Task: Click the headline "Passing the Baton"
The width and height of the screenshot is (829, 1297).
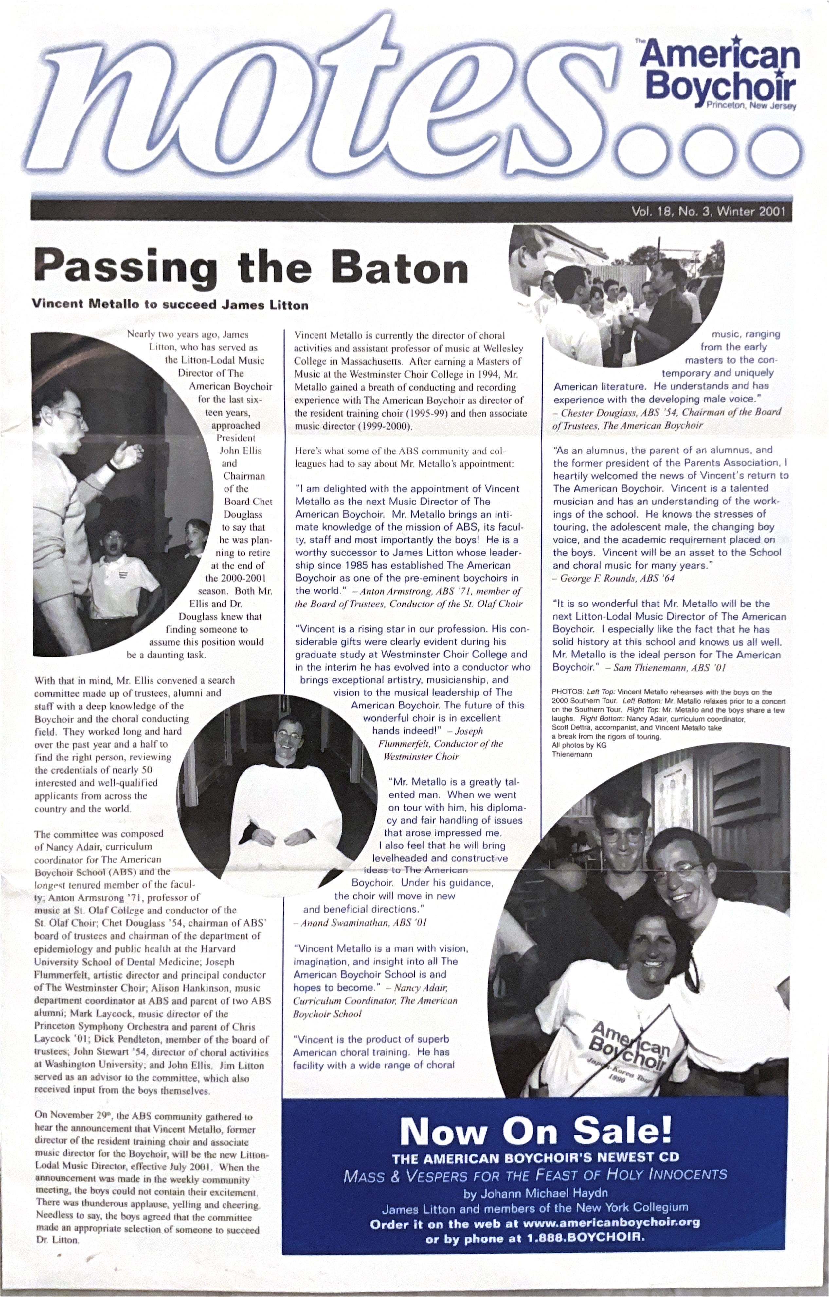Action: point(251,268)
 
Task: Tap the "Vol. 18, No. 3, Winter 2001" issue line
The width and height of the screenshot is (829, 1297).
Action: point(708,211)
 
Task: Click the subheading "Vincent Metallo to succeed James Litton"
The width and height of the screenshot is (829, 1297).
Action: point(170,305)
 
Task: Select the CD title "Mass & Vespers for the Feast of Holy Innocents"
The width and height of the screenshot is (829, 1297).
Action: point(535,1174)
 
